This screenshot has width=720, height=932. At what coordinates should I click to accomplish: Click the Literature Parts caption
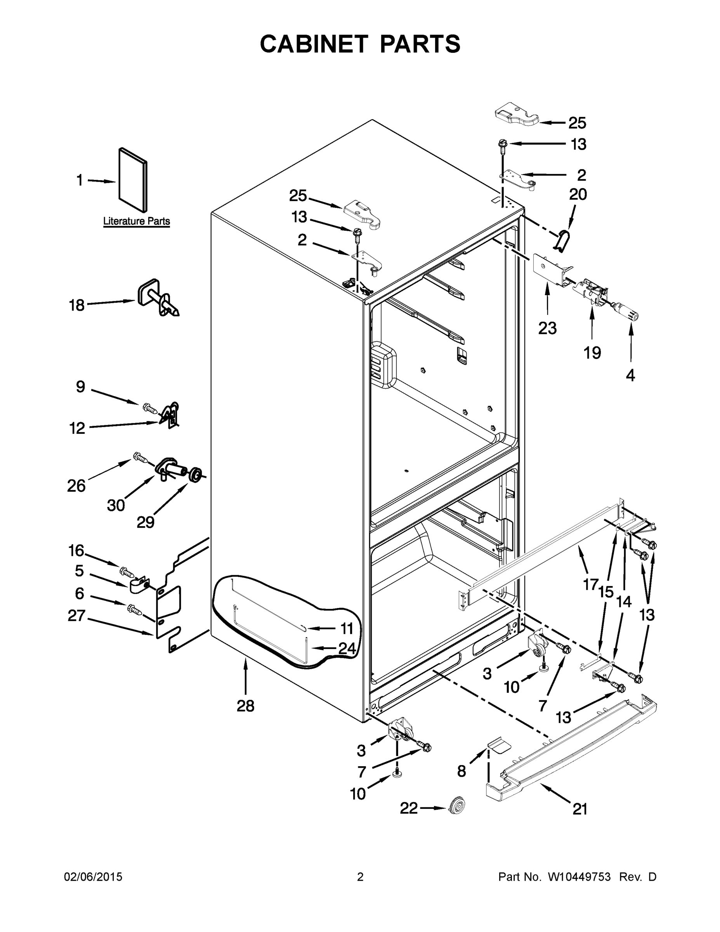tap(137, 221)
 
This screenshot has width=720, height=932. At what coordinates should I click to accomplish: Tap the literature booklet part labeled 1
tap(133, 180)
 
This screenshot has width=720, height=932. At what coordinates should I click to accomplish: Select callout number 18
tap(77, 305)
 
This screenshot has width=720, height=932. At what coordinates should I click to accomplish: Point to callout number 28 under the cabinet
tap(245, 706)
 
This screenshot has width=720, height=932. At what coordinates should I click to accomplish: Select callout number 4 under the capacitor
tap(630, 375)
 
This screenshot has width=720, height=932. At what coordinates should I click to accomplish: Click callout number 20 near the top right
tap(578, 195)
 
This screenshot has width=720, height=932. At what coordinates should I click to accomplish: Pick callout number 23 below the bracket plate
tap(547, 328)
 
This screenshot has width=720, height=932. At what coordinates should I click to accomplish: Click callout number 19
tap(592, 353)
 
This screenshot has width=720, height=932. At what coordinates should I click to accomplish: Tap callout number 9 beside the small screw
tap(81, 387)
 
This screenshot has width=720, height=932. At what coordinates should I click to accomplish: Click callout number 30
tap(116, 505)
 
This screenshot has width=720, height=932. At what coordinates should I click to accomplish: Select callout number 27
tap(77, 616)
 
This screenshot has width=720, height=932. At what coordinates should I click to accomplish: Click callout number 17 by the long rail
tap(591, 584)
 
